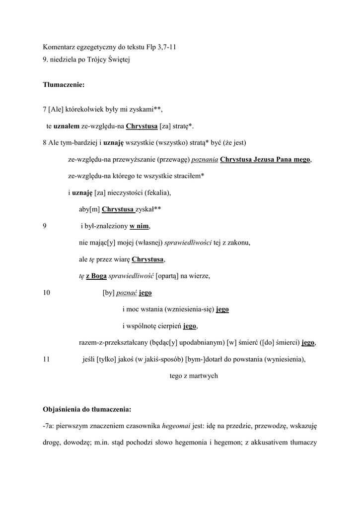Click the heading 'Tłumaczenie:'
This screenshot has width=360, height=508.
click(x=64, y=85)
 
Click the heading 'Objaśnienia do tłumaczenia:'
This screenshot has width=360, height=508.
click(x=87, y=409)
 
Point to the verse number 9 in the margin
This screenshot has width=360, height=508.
click(x=45, y=226)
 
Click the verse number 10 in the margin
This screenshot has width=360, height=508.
click(x=47, y=293)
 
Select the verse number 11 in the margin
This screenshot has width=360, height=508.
click(x=47, y=360)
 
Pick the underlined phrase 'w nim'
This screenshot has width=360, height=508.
click(x=139, y=226)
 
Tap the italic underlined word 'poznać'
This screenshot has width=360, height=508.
click(x=127, y=293)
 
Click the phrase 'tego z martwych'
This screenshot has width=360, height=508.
click(x=194, y=376)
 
